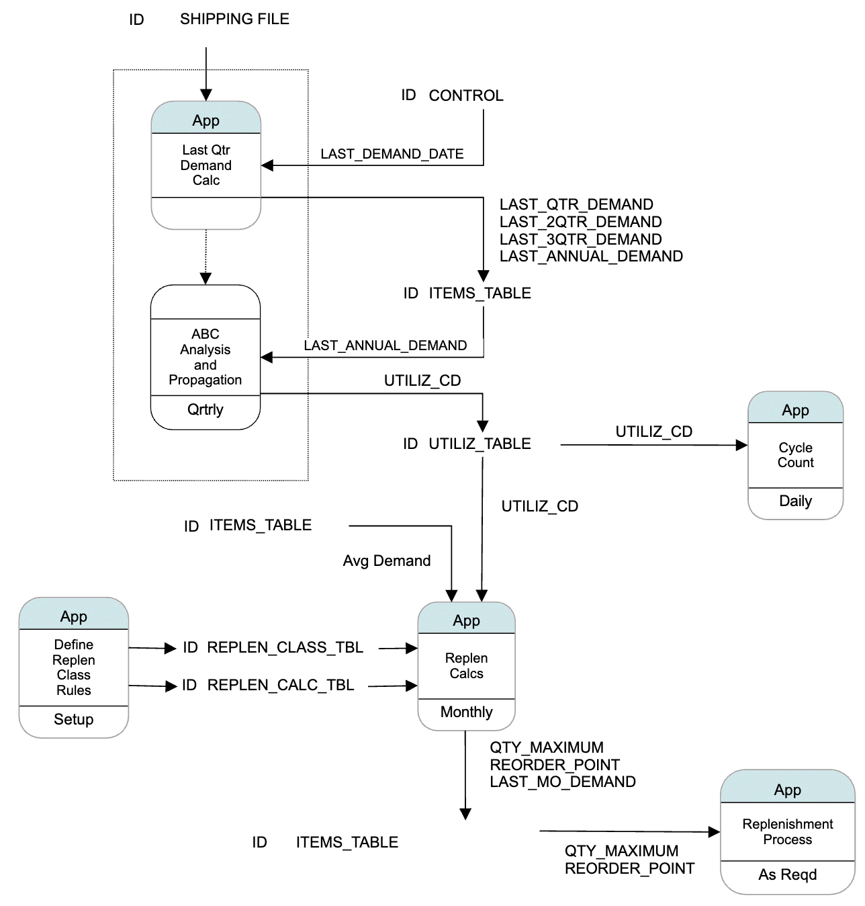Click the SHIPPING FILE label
click(x=234, y=19)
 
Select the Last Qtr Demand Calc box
click(x=206, y=165)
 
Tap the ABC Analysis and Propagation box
click(x=205, y=357)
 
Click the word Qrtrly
click(x=205, y=410)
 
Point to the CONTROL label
click(x=465, y=96)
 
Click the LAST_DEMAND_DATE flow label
click(x=392, y=154)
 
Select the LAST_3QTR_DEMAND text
click(x=580, y=239)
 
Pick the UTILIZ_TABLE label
click(x=480, y=444)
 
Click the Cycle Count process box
click(x=795, y=455)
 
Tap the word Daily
click(x=795, y=501)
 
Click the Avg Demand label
click(x=386, y=561)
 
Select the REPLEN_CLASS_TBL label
click(x=285, y=648)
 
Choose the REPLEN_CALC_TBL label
click(x=281, y=686)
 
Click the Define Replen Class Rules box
click(x=73, y=667)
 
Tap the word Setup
click(x=73, y=720)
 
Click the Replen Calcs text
click(x=466, y=666)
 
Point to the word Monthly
click(x=466, y=712)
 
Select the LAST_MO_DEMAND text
click(x=562, y=782)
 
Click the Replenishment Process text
click(x=787, y=832)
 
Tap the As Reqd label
click(x=787, y=875)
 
